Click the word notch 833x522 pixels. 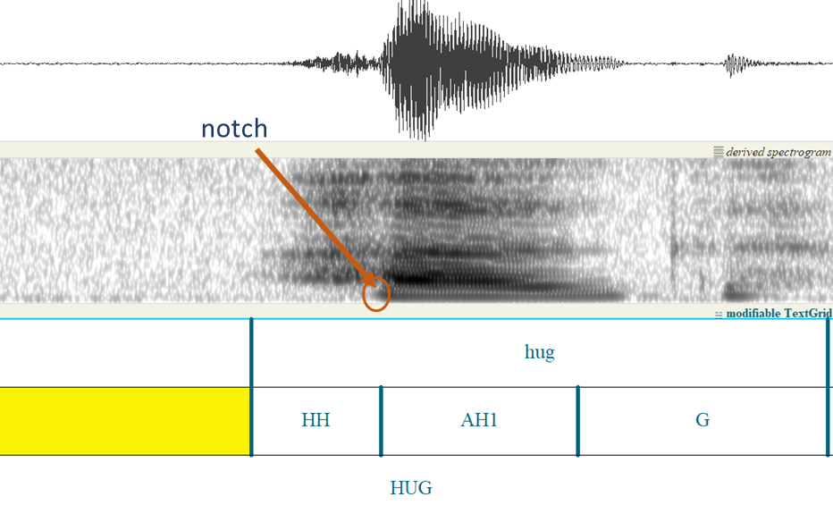coord(234,129)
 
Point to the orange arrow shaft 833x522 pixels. coord(314,215)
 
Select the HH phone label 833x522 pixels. coord(316,420)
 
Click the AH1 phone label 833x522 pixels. coord(479,420)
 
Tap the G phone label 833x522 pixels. coord(703,420)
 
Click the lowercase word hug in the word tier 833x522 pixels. coord(539,352)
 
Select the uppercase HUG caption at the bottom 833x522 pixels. coord(410,487)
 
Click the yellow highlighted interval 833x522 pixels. coord(125,421)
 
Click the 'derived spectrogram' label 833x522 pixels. coord(778,152)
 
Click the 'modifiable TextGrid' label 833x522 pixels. coord(778,314)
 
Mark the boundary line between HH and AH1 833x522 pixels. coord(381,421)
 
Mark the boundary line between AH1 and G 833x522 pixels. coord(578,421)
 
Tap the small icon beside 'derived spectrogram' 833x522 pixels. coord(719,153)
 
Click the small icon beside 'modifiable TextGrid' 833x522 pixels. coord(719,315)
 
